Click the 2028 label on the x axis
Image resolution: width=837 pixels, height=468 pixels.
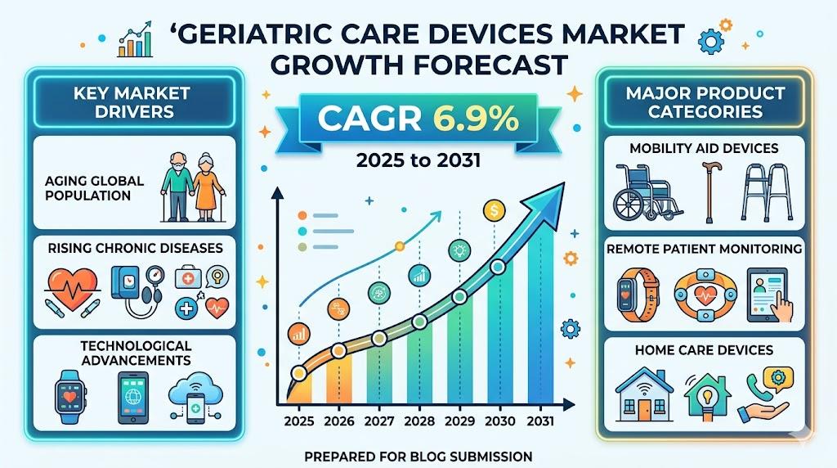(x=418, y=421)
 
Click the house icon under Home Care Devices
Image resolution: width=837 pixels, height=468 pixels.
(x=643, y=393)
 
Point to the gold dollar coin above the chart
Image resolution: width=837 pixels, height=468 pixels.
(x=494, y=210)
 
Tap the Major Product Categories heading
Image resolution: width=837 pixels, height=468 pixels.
(x=705, y=101)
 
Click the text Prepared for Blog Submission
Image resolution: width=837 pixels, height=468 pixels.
(x=418, y=455)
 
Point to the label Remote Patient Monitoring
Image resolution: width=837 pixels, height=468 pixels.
(x=705, y=248)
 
